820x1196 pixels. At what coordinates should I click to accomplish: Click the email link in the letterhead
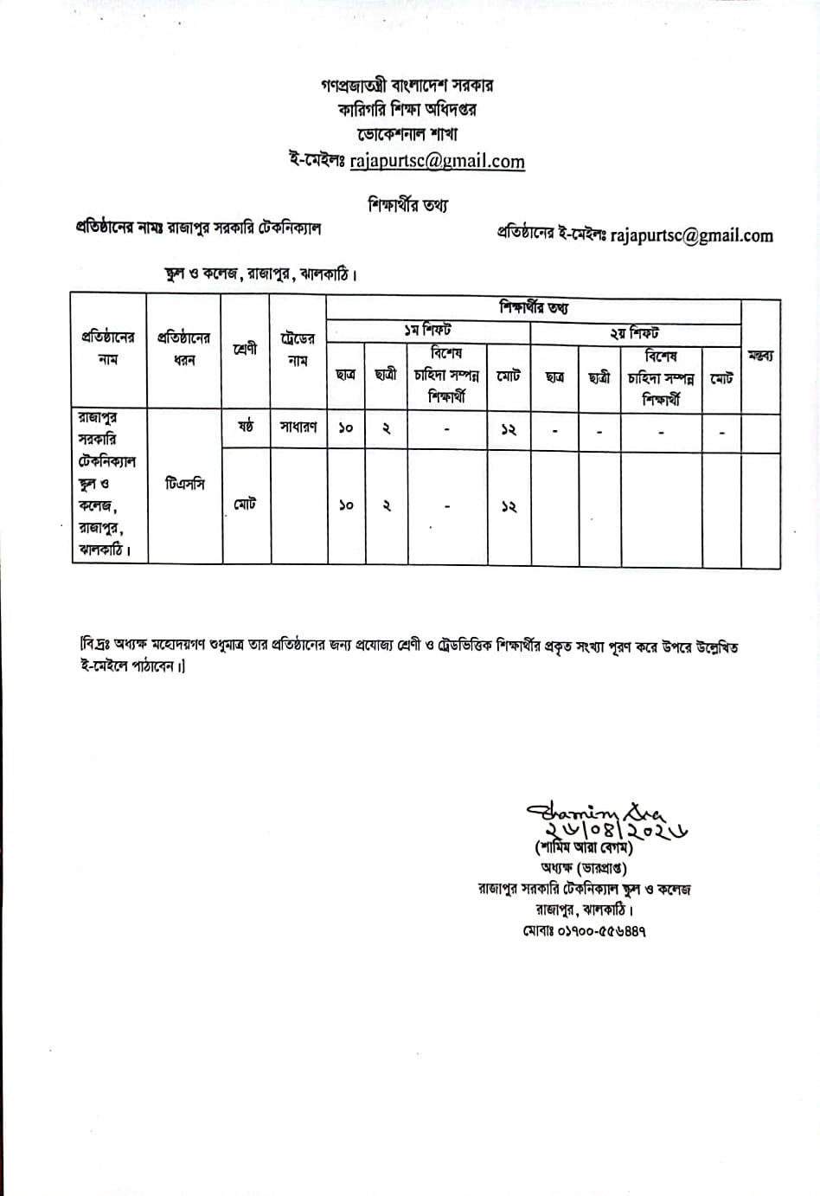click(437, 161)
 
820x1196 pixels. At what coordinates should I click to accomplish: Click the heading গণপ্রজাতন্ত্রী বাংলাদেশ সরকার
click(407, 86)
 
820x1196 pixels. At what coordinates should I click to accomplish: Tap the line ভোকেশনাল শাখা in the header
click(407, 134)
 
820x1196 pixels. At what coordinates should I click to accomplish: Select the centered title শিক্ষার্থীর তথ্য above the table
click(408, 205)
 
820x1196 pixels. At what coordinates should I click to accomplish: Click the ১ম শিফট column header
click(427, 331)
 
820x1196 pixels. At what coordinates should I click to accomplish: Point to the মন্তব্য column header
click(760, 356)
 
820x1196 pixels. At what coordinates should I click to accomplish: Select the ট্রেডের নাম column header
click(298, 350)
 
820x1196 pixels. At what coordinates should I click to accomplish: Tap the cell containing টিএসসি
click(184, 485)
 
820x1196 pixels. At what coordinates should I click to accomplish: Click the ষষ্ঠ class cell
click(246, 427)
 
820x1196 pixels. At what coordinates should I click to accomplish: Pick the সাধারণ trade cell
click(298, 428)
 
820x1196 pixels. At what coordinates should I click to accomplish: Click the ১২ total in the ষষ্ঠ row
click(509, 429)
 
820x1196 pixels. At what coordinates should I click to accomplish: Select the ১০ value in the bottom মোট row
click(346, 505)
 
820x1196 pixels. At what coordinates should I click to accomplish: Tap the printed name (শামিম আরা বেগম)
click(584, 849)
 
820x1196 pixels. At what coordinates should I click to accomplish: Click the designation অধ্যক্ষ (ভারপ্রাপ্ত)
click(584, 868)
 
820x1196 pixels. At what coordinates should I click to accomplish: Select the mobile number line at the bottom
click(584, 931)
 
